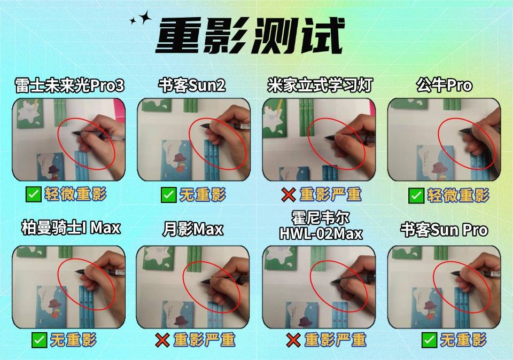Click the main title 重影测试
[x=250, y=35]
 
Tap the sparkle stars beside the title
[x=141, y=18]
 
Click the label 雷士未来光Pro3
[x=69, y=85]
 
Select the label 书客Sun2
[x=192, y=85]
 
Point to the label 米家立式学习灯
[x=320, y=85]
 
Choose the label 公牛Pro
[x=444, y=85]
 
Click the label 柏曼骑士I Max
[x=71, y=228]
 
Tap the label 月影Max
[x=193, y=229]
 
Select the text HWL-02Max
[x=321, y=234]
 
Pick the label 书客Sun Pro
[x=444, y=230]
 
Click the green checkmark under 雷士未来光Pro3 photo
[x=33, y=194]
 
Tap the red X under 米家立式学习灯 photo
[x=288, y=195]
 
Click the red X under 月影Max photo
[x=162, y=340]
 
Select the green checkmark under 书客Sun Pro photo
[x=429, y=340]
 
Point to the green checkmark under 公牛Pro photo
[x=416, y=195]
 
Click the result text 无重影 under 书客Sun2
[x=203, y=195]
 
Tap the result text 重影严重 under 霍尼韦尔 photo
[x=336, y=340]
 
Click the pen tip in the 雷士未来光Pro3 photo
[x=73, y=133]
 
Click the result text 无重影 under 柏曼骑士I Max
[x=73, y=340]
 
